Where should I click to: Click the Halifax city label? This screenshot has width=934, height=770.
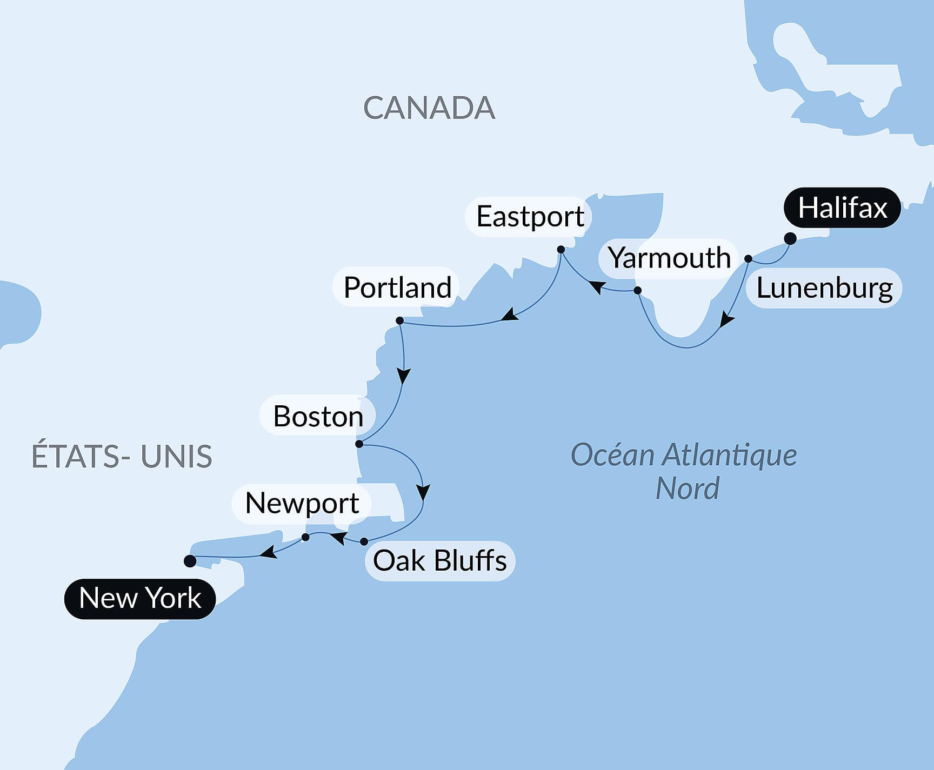(x=842, y=207)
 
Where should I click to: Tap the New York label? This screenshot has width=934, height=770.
(x=140, y=598)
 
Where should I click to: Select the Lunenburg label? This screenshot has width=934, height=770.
(x=824, y=288)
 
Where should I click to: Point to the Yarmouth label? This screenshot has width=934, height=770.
(x=669, y=258)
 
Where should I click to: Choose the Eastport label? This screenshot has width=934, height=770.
(x=530, y=217)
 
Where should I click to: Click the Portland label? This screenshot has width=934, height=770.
(x=397, y=287)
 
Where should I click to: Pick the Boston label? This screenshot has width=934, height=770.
(x=318, y=416)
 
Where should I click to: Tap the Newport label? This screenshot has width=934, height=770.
(x=302, y=504)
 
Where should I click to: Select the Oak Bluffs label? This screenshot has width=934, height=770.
(x=440, y=560)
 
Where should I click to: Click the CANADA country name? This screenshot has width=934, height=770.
(x=429, y=108)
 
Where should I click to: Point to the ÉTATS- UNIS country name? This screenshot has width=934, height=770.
(x=122, y=456)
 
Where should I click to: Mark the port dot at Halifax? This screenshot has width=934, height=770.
(x=790, y=238)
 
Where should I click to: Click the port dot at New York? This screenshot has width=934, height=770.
(x=190, y=561)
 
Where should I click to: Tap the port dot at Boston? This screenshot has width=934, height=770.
(x=359, y=444)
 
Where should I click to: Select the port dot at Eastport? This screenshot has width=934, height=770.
(x=561, y=250)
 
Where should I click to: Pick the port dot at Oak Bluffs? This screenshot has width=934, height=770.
(x=364, y=541)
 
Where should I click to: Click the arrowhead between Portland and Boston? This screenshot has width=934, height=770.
(x=403, y=376)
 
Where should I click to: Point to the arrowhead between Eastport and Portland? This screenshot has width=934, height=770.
(x=509, y=315)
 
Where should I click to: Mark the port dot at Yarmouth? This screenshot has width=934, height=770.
(x=637, y=291)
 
